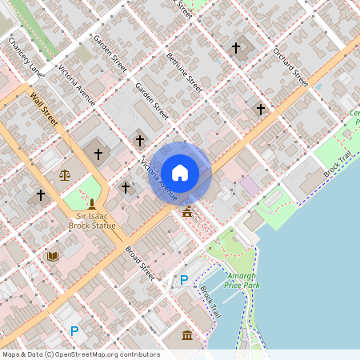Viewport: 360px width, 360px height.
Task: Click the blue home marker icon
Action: (x=180, y=172)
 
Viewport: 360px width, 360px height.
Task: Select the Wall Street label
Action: (x=44, y=110)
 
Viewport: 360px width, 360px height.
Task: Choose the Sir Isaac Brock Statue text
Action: (x=92, y=221)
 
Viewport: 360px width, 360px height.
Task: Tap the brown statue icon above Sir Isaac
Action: (x=92, y=205)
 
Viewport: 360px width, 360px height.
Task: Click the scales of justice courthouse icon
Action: (x=64, y=174)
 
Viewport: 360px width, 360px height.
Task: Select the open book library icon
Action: (x=54, y=256)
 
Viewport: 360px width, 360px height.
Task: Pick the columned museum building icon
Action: (x=187, y=334)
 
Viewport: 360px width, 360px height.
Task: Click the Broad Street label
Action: (x=139, y=262)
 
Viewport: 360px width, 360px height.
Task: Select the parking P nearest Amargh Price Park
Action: (x=184, y=280)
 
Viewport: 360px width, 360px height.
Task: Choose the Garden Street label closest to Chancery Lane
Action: (x=110, y=53)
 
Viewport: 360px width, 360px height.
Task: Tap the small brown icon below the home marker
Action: (x=187, y=211)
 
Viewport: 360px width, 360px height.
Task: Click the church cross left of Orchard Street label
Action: (x=236, y=48)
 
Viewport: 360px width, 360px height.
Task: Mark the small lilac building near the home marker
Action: (x=250, y=186)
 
